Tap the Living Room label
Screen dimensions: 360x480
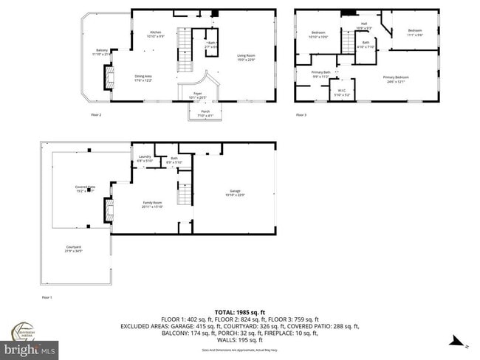(x=246, y=58)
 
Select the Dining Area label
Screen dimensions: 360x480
(x=143, y=78)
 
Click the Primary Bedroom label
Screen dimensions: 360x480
(x=396, y=78)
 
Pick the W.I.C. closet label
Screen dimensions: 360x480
(x=341, y=92)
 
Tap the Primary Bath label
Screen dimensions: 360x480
(x=321, y=74)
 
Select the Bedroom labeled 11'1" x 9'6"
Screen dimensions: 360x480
(x=414, y=32)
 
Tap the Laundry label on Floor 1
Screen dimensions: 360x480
(x=145, y=158)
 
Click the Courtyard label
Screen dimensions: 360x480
(x=73, y=249)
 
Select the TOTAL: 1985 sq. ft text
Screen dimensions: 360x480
(x=240, y=312)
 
